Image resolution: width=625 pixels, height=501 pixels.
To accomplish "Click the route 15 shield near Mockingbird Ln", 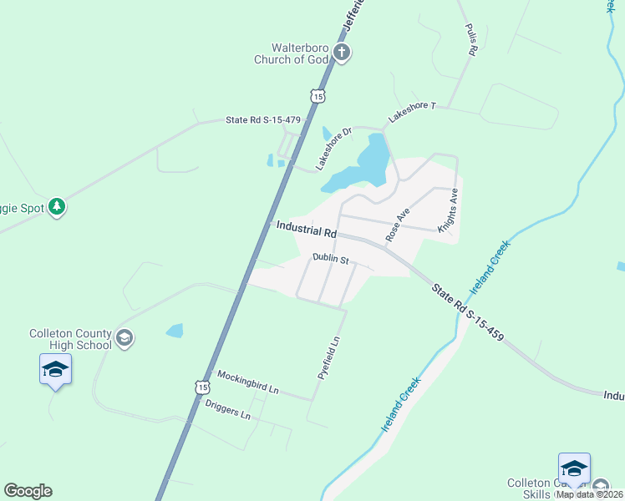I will click(x=201, y=387).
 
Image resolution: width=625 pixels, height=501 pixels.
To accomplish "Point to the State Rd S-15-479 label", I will click(x=262, y=120).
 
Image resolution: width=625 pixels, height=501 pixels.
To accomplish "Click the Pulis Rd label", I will click(x=470, y=39).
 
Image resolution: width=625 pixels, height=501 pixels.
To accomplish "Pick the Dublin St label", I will click(x=329, y=258).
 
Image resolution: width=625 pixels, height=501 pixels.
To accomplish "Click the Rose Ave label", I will click(x=398, y=225).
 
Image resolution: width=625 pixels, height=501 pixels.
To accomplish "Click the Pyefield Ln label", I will click(x=330, y=358).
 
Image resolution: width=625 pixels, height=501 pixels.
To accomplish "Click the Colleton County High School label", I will click(x=70, y=338).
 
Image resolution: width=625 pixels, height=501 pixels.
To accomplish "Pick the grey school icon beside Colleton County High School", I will click(x=124, y=338).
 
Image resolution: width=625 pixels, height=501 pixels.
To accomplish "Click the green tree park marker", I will click(x=57, y=206).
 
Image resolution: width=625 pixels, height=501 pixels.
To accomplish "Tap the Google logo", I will click(x=28, y=491).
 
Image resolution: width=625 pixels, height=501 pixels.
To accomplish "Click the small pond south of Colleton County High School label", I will click(x=175, y=331).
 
